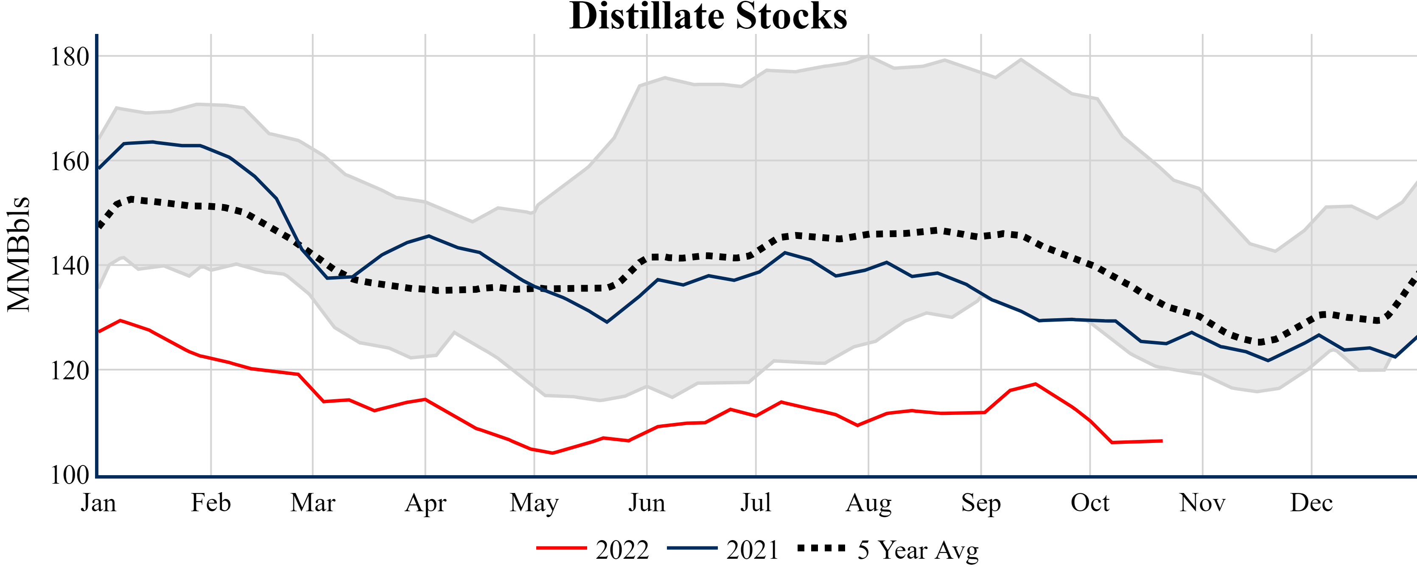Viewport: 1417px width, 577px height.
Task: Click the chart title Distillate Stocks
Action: (x=708, y=17)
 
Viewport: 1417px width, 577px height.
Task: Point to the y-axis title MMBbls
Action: (x=19, y=254)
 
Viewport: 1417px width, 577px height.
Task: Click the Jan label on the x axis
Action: (x=98, y=503)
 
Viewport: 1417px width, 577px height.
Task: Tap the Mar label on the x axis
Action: (x=312, y=503)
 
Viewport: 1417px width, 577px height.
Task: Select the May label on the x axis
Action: (x=534, y=503)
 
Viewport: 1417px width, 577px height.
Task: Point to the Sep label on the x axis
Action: (x=981, y=503)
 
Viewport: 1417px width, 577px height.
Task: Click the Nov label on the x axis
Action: (x=1202, y=503)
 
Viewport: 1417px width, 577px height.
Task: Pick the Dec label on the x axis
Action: (x=1311, y=503)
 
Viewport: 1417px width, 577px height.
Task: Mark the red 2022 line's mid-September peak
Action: (x=1036, y=384)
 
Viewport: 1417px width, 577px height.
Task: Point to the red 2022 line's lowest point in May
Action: (x=552, y=453)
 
